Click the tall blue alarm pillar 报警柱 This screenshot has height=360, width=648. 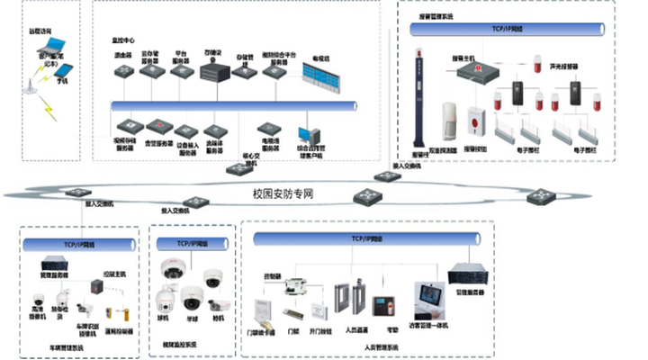pyautogui.click(x=417, y=100)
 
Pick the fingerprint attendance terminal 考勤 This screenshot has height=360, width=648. pyautogui.click(x=387, y=306)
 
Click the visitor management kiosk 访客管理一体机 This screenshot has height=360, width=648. pyautogui.click(x=428, y=301)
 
